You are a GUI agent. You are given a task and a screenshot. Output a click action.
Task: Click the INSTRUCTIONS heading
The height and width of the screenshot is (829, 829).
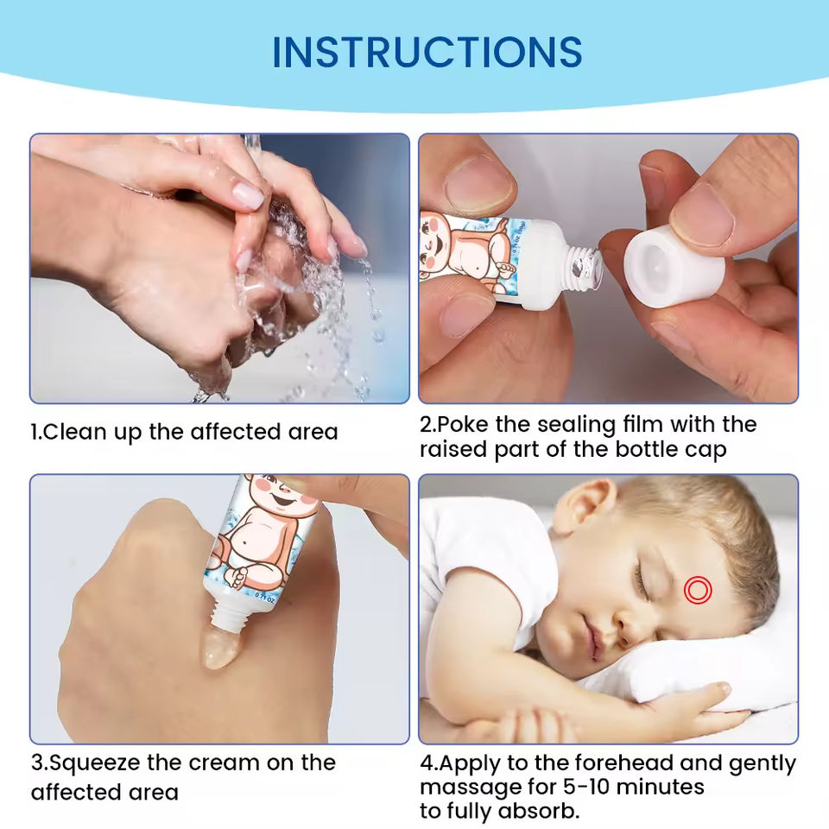pos(427,53)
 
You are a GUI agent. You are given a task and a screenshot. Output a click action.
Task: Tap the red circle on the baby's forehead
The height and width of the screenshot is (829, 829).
pos(698,590)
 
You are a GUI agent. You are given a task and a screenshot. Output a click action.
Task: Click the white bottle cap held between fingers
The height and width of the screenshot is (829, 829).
pos(675,268)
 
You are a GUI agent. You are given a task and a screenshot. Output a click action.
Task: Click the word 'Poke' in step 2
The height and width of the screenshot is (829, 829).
pos(464,425)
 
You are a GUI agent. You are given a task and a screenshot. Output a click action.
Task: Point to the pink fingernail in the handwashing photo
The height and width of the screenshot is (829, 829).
pos(248,196)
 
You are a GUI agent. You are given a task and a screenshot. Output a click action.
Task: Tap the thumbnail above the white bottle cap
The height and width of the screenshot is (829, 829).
pos(701,215)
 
